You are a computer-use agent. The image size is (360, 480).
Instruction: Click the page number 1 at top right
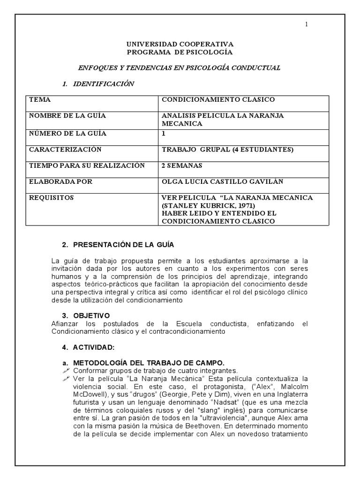[x=307, y=25]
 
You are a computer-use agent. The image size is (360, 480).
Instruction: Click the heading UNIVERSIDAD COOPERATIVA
[x=180, y=45]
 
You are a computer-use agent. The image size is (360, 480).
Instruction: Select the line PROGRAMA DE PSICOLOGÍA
[x=180, y=52]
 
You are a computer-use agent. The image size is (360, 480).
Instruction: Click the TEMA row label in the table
[x=40, y=100]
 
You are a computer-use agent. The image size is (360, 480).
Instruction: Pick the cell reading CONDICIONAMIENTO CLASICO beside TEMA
[x=218, y=100]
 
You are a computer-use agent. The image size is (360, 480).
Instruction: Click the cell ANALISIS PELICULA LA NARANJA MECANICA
[x=223, y=120]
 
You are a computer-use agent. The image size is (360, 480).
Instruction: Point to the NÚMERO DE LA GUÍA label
[x=68, y=134]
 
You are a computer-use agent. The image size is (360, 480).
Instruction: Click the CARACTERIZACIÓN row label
[x=65, y=150]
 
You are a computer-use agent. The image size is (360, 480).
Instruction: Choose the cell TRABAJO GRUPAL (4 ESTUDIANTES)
[x=227, y=150]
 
